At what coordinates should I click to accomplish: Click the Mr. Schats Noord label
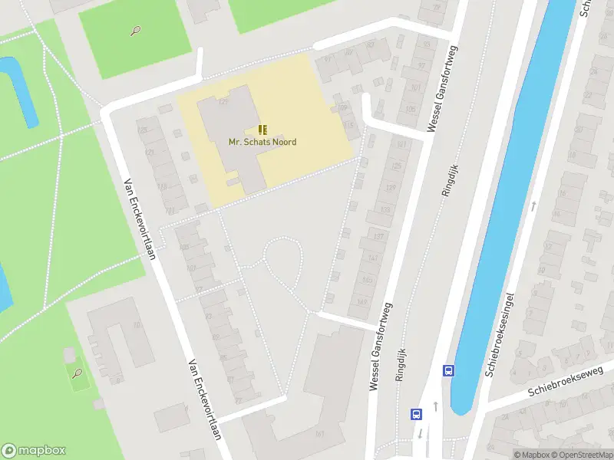pos(262,142)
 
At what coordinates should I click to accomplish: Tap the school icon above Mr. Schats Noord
pos(262,129)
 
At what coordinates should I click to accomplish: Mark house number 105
pos(410,109)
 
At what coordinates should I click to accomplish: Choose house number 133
pos(385,210)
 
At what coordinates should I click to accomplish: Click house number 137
pos(378,236)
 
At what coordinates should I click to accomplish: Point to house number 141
pos(372,258)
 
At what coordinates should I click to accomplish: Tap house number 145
pos(367,281)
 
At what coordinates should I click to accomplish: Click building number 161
pos(319,435)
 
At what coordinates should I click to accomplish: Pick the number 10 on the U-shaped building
pos(137,326)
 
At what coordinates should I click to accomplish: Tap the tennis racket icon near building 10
pos(77,373)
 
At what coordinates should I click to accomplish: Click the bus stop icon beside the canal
pos(448,370)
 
